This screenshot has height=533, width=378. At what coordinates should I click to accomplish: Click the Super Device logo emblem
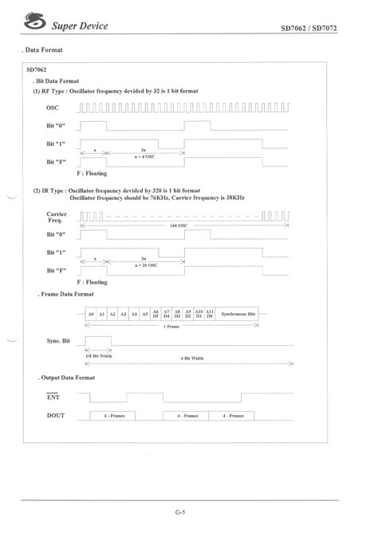click(35, 25)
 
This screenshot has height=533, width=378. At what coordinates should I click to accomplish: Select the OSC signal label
click(53, 108)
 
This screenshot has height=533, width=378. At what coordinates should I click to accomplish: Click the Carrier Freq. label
click(57, 217)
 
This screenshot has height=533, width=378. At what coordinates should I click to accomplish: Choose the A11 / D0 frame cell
click(210, 315)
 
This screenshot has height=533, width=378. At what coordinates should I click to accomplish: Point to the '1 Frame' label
click(171, 327)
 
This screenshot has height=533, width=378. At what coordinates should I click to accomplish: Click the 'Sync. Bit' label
click(59, 340)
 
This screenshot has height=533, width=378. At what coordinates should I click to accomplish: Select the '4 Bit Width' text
click(192, 359)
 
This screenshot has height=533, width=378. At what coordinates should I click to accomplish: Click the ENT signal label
click(53, 394)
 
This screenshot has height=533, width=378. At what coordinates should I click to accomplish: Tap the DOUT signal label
click(56, 415)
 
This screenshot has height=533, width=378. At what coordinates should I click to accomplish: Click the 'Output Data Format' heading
click(68, 377)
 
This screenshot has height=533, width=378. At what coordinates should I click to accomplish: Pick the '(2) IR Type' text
click(51, 191)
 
